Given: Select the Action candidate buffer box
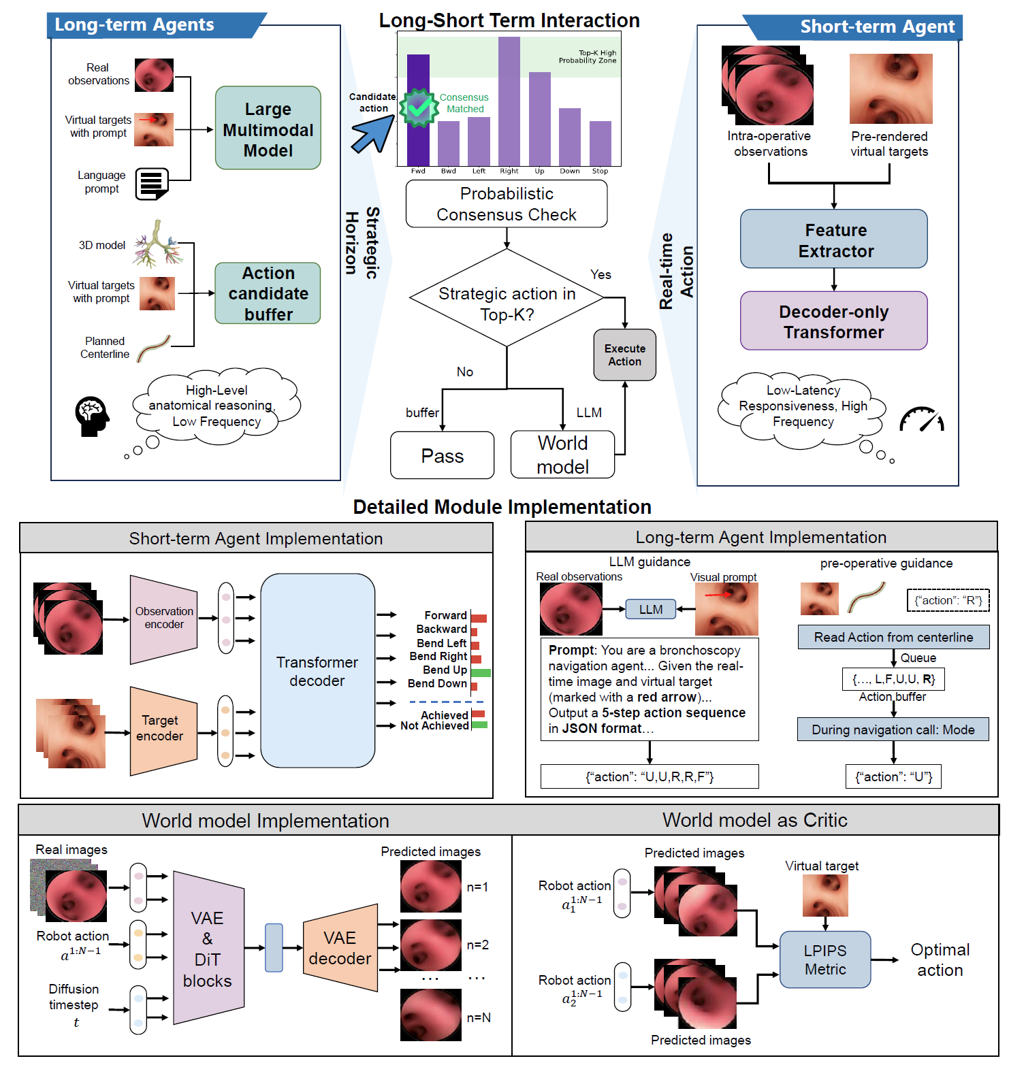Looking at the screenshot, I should coord(268,293).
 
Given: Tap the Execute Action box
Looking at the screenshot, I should coord(624,355).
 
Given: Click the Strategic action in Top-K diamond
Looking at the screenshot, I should coord(507,299).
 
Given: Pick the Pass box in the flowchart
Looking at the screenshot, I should coord(442,455).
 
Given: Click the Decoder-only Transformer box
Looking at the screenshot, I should coord(833,321).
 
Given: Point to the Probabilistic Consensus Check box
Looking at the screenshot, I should coord(506,204).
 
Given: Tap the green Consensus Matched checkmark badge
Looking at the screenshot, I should coord(418,107).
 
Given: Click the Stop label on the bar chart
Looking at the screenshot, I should coord(600,171).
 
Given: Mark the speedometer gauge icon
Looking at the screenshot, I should coord(922,420).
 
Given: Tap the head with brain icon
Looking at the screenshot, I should coord(91,415).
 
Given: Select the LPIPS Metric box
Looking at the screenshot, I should coord(824,960).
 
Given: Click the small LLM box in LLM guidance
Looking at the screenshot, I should coord(650,609).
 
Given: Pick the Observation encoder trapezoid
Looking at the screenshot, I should coord(163,619).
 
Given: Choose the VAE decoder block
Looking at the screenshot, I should coord(340,947).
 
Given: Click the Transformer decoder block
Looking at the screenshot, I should coord(317,671).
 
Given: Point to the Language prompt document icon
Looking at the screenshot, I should coord(151,184).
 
